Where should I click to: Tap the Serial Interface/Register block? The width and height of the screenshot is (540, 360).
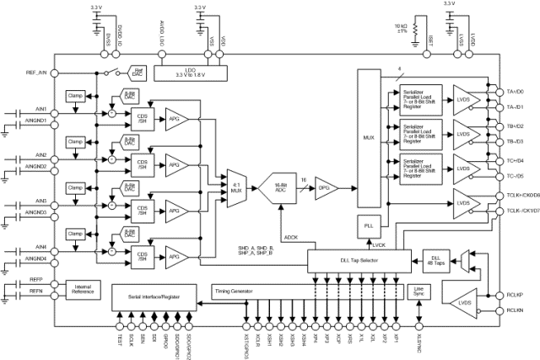(155, 296)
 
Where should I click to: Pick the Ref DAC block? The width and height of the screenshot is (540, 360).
(139, 73)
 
